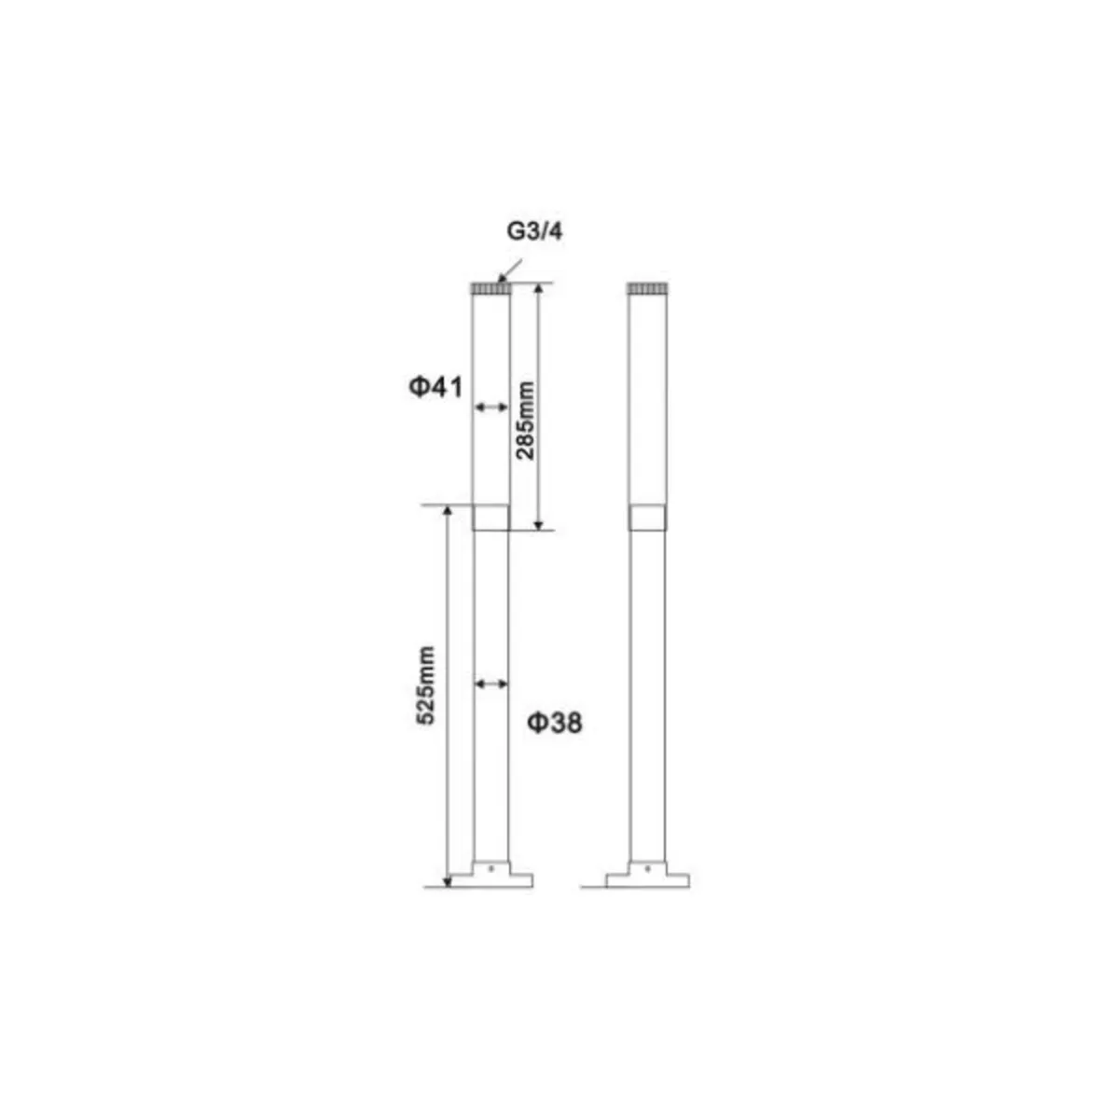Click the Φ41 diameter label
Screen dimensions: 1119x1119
click(x=435, y=386)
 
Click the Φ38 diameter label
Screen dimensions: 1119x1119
click(x=555, y=722)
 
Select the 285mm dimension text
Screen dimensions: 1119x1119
click(x=526, y=420)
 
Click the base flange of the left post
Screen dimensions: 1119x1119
click(x=490, y=879)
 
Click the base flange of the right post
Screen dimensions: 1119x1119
click(x=647, y=879)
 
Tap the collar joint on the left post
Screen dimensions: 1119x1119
click(x=490, y=518)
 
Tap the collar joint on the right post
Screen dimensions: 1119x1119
click(x=647, y=518)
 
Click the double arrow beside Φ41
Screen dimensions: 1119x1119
click(x=490, y=408)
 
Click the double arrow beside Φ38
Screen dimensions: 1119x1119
click(x=490, y=684)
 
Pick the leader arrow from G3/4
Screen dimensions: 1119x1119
click(x=511, y=269)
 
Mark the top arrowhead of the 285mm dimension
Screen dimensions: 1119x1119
click(x=538, y=290)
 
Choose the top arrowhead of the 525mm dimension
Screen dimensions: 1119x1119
click(x=448, y=512)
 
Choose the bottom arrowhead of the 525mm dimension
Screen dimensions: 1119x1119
click(x=448, y=880)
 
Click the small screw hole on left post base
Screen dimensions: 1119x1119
click(x=490, y=868)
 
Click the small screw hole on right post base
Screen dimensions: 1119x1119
click(x=647, y=868)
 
